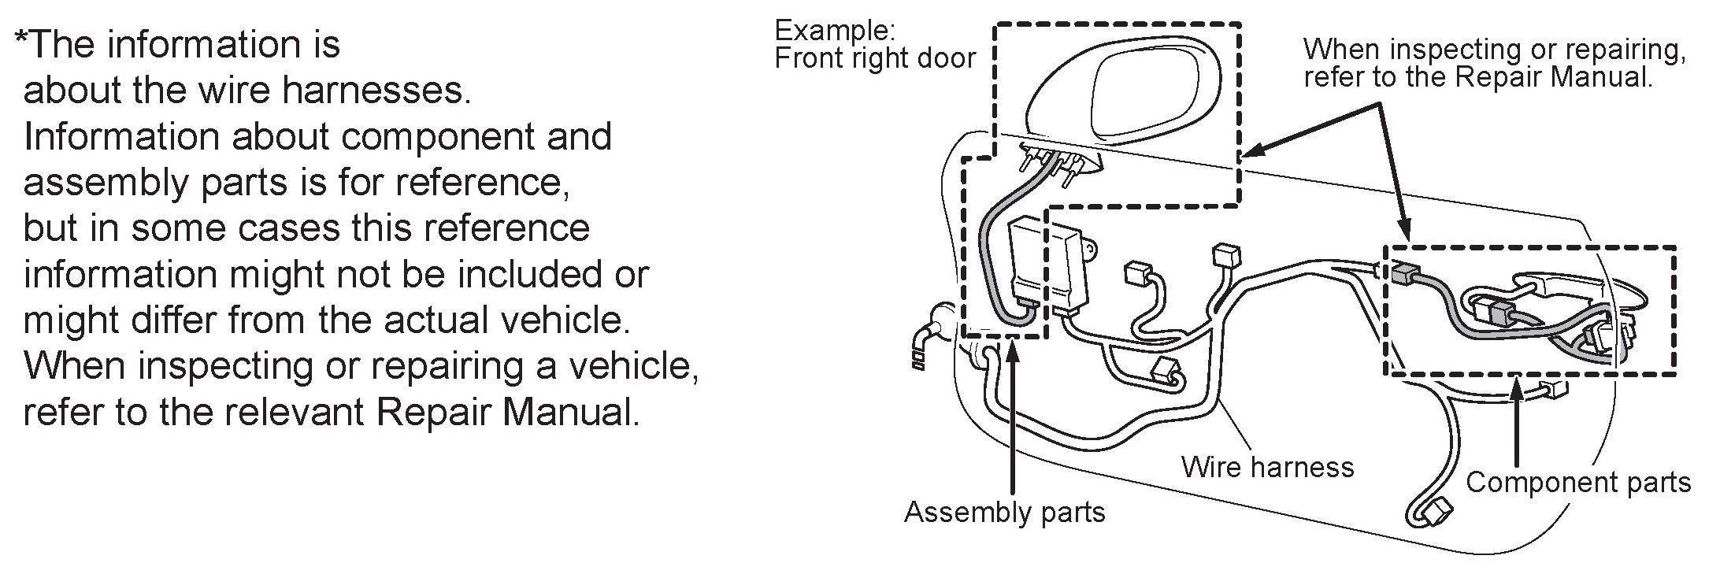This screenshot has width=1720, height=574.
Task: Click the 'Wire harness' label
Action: pyautogui.click(x=1267, y=467)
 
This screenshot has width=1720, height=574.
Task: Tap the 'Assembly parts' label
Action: pyautogui.click(x=1004, y=512)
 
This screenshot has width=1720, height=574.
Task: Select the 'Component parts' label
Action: pyautogui.click(x=1578, y=482)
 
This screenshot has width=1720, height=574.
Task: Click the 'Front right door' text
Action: pyautogui.click(x=875, y=58)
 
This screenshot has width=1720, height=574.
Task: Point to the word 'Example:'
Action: pyautogui.click(x=835, y=31)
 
